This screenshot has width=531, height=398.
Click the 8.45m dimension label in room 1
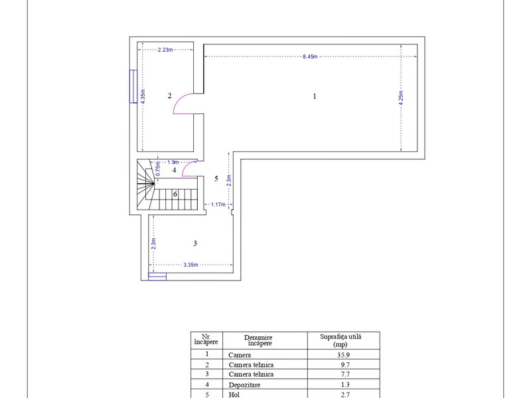310,56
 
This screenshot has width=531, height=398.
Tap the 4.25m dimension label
401,98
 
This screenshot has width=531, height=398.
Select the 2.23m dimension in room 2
165,50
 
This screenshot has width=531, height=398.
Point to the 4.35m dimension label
143,96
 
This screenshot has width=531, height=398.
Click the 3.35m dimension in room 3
190,265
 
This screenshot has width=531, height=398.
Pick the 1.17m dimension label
218,204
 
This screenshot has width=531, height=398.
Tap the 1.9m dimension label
173,162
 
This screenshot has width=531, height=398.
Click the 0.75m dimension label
158,168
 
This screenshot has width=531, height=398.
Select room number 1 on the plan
315,96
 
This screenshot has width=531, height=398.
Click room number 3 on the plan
195,243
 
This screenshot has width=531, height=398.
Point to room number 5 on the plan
216,178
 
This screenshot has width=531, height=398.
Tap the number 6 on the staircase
175,194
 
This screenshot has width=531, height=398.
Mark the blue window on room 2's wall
133,86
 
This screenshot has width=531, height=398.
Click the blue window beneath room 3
157,277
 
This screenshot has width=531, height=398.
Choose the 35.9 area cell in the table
343,355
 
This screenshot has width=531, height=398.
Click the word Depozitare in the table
244,385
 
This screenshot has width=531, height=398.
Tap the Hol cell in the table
234,395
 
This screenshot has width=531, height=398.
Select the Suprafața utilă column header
341,340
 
